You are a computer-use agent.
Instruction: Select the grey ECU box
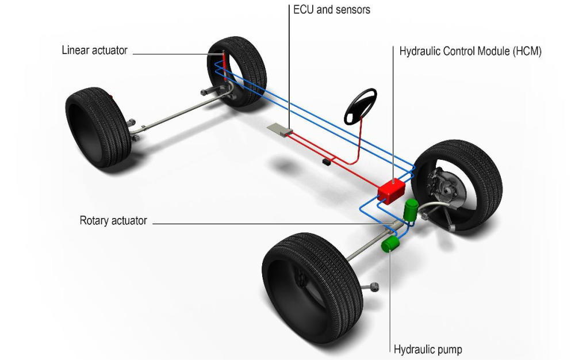(x=280, y=130)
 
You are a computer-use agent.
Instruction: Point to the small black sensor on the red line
(x=327, y=162)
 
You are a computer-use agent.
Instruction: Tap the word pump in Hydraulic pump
(x=449, y=349)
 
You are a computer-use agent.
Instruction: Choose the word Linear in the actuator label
(x=75, y=51)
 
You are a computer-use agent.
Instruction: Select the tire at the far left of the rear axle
(x=97, y=127)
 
